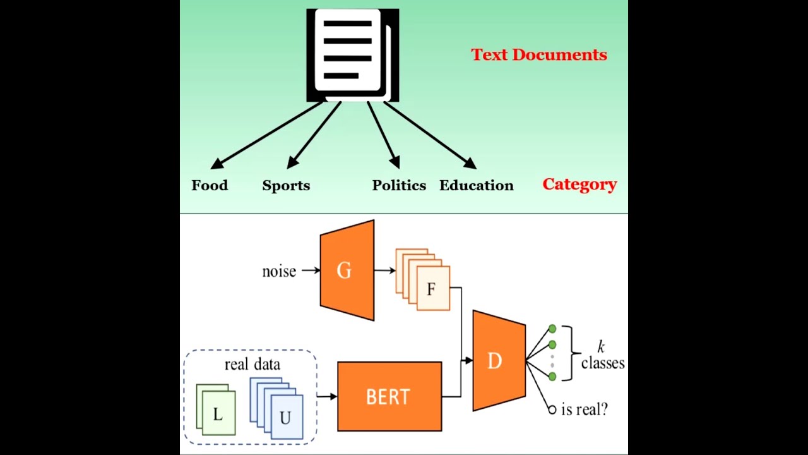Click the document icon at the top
(352, 55)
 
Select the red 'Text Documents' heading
(538, 55)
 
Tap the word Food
(210, 185)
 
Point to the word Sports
(286, 185)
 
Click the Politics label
(399, 185)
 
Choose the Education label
(477, 185)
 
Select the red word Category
(579, 185)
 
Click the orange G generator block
(347, 270)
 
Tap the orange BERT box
(389, 396)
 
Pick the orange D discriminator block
(498, 361)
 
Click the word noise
(279, 271)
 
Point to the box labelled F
(432, 289)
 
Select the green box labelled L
(218, 414)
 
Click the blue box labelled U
(286, 417)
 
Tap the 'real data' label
(252, 364)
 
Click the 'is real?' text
(584, 409)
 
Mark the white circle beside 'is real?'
(552, 410)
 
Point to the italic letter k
(601, 346)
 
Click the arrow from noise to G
(311, 270)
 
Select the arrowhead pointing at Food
(217, 164)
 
